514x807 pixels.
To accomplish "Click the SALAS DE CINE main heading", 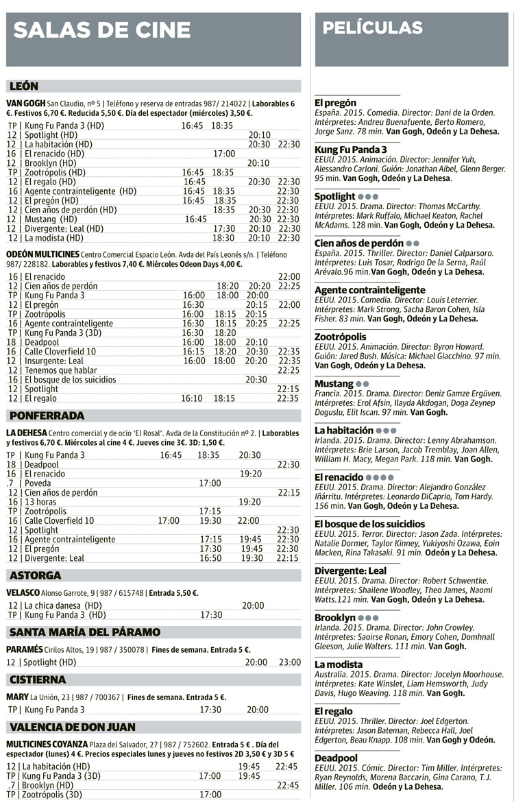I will pos(102,29).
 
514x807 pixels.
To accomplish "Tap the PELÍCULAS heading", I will pos(372,28).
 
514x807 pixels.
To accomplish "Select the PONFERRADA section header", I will pos(47,415).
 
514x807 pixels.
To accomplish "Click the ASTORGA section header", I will pos(36,575).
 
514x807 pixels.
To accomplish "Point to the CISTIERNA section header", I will pos(38,679).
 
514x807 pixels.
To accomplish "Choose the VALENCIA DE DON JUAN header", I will pos(73,727).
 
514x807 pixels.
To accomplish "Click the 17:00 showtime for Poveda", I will pos(210,483).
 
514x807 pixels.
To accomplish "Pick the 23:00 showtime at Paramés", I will pos(289,662).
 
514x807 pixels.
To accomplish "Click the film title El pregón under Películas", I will pos(335,103).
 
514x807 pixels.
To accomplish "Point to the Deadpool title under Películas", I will pos(336,758).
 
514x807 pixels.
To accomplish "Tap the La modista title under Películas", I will pos(339,664).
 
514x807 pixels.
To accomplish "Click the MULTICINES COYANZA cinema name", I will pos(47,744).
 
